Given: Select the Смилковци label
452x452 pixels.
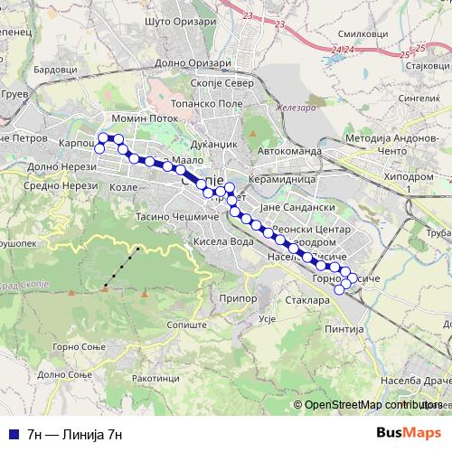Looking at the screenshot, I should click(x=354, y=33).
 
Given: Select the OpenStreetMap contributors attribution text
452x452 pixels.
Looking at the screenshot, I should click(x=373, y=405).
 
